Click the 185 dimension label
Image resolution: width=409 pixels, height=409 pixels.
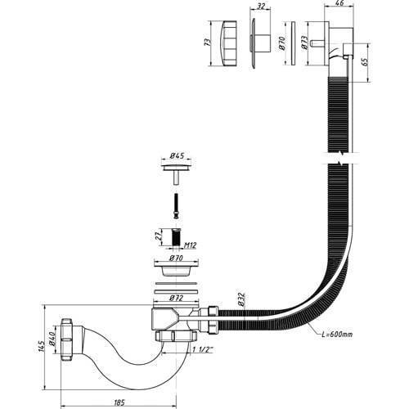pyautogui.click(x=119, y=402)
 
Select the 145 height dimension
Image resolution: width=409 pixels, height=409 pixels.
pyautogui.click(x=41, y=346)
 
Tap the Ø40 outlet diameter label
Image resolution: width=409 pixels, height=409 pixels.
pyautogui.click(x=52, y=337)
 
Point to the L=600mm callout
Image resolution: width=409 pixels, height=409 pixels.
pyautogui.click(x=337, y=334)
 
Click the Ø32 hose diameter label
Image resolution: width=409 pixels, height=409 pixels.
pyautogui.click(x=240, y=299)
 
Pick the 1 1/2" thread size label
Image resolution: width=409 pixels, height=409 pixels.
pyautogui.click(x=202, y=350)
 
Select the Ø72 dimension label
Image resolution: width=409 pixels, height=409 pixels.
pyautogui.click(x=176, y=298)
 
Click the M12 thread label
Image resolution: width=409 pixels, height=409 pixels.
pyautogui.click(x=190, y=245)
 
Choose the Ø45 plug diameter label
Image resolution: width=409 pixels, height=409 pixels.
pyautogui.click(x=177, y=156)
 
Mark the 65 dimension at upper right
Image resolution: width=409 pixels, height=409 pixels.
pyautogui.click(x=366, y=61)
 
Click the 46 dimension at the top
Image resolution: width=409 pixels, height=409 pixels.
pyautogui.click(x=339, y=3)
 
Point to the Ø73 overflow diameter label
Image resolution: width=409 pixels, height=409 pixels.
pyautogui.click(x=305, y=43)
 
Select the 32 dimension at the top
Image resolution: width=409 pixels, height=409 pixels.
pyautogui.click(x=261, y=6)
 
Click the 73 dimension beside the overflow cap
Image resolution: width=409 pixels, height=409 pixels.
pyautogui.click(x=208, y=43)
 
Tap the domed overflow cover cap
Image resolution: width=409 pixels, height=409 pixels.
pyautogui.click(x=227, y=43)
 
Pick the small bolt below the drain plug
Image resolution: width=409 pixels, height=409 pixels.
pyautogui.click(x=177, y=206)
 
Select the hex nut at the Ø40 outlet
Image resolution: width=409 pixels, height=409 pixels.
pyautogui.click(x=66, y=339)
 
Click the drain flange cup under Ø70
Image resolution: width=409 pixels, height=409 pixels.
pyautogui.click(x=176, y=268)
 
